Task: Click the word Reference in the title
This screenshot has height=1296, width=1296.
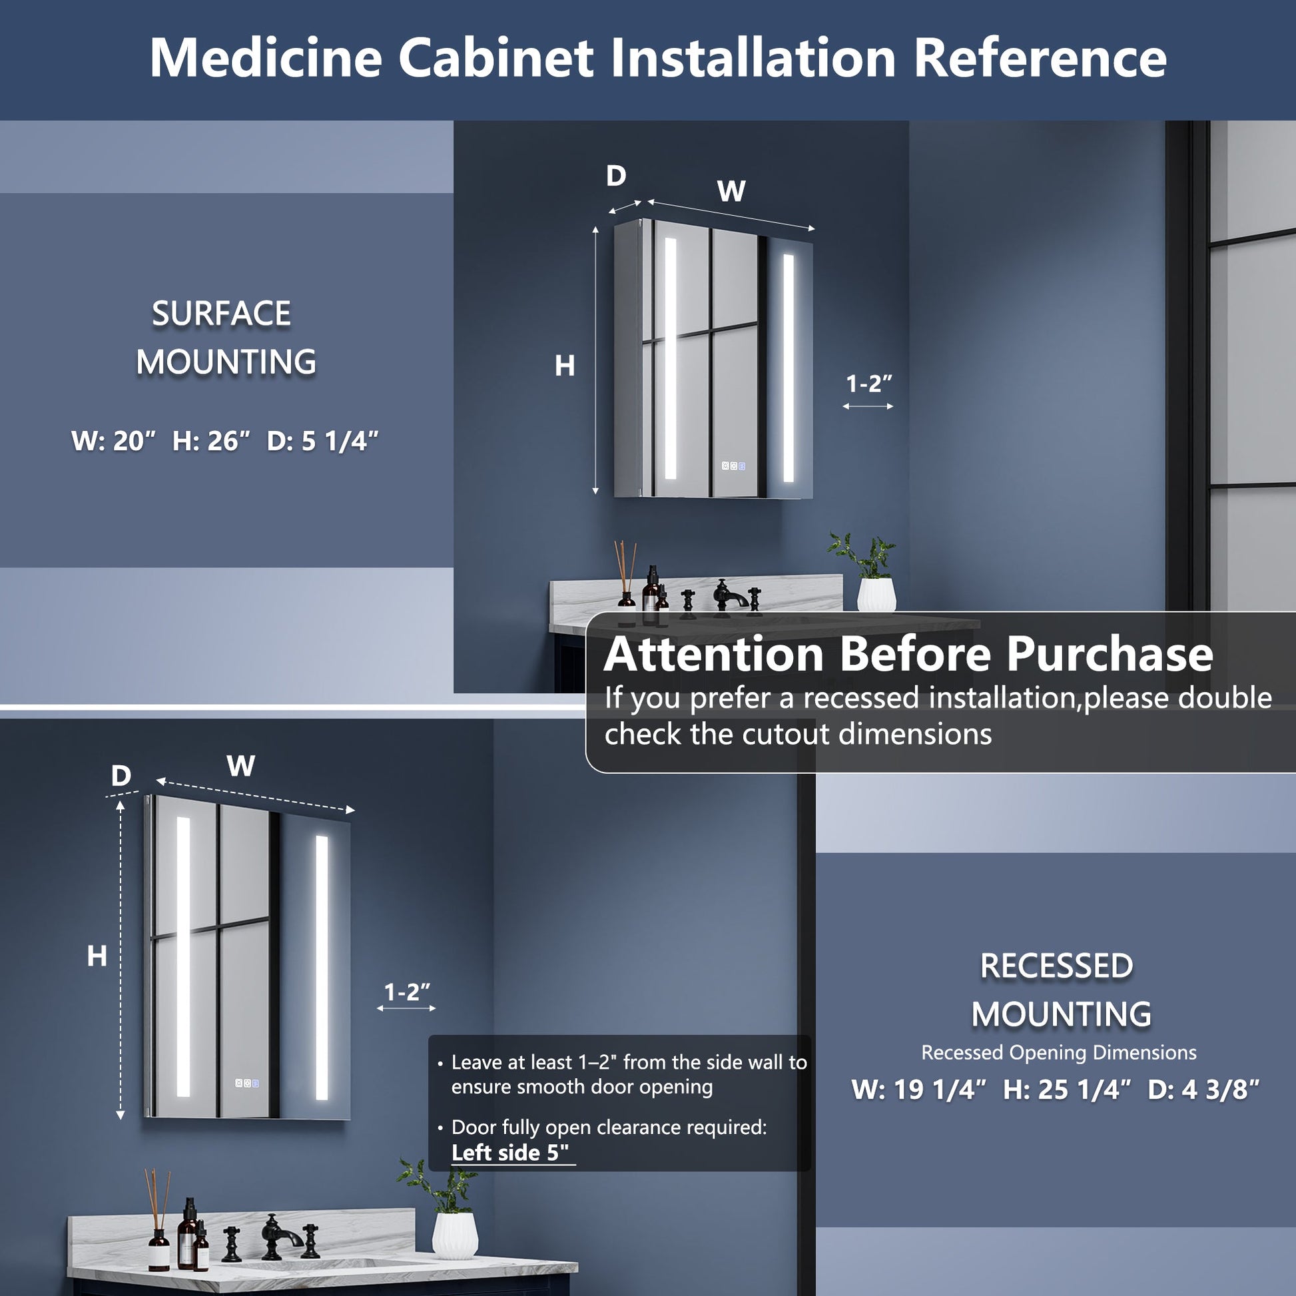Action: click(1040, 58)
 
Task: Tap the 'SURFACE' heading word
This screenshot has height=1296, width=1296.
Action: click(221, 313)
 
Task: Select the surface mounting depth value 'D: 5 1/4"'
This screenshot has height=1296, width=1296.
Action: click(322, 441)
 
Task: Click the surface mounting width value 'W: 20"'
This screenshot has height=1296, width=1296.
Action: click(113, 441)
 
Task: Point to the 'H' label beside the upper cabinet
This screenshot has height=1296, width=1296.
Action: click(565, 366)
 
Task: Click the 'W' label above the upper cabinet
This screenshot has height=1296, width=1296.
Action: click(731, 191)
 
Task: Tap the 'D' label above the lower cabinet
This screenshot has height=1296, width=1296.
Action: click(121, 775)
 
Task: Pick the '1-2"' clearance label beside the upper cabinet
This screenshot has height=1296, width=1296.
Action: click(868, 384)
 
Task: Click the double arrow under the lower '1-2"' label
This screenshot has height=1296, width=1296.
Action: click(406, 1008)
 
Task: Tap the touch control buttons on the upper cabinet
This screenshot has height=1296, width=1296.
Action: click(733, 466)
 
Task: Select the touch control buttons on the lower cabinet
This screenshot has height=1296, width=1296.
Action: click(247, 1083)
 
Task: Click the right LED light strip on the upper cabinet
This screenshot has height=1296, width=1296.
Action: click(789, 368)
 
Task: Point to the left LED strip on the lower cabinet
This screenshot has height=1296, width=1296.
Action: click(183, 956)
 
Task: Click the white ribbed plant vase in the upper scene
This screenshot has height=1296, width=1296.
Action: click(876, 593)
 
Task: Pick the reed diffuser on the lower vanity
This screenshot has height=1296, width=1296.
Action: click(159, 1219)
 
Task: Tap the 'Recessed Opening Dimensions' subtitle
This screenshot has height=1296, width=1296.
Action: click(1058, 1052)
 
